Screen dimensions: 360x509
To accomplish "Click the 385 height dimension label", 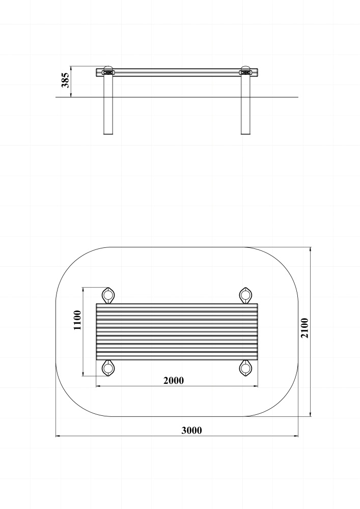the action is pyautogui.click(x=65, y=80).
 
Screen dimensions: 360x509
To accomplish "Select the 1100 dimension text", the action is pyautogui.click(x=77, y=320).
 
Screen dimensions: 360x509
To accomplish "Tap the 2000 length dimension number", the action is pyautogui.click(x=173, y=380).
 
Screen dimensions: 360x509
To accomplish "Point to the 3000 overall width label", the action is pyautogui.click(x=191, y=430).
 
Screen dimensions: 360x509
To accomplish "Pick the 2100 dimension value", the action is pyautogui.click(x=304, y=328).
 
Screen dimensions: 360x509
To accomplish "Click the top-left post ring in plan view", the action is pyautogui.click(x=108, y=295).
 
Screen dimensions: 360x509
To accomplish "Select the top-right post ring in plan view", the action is pyautogui.click(x=246, y=295).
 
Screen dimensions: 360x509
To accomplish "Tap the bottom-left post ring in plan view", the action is pyautogui.click(x=108, y=369).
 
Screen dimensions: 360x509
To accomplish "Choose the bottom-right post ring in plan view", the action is pyautogui.click(x=246, y=369).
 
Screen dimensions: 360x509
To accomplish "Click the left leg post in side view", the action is pyautogui.click(x=108, y=104).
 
